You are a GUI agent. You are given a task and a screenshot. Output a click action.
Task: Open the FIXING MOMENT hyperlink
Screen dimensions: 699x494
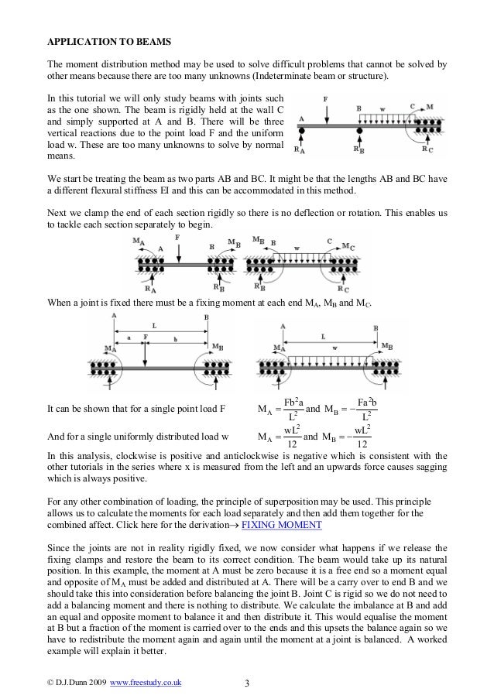282,524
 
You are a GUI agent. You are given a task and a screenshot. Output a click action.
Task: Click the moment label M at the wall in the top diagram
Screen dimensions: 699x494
430,106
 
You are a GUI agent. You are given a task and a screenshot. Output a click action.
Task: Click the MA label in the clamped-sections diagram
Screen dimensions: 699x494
138,242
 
